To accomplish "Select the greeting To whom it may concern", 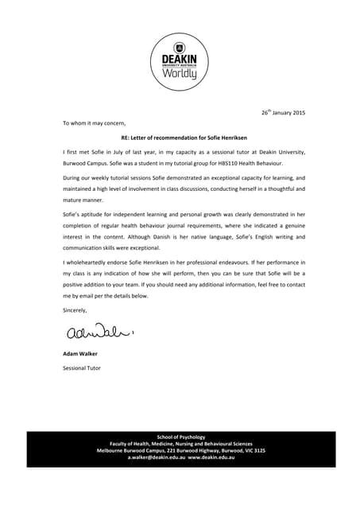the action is pyautogui.click(x=94, y=123).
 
